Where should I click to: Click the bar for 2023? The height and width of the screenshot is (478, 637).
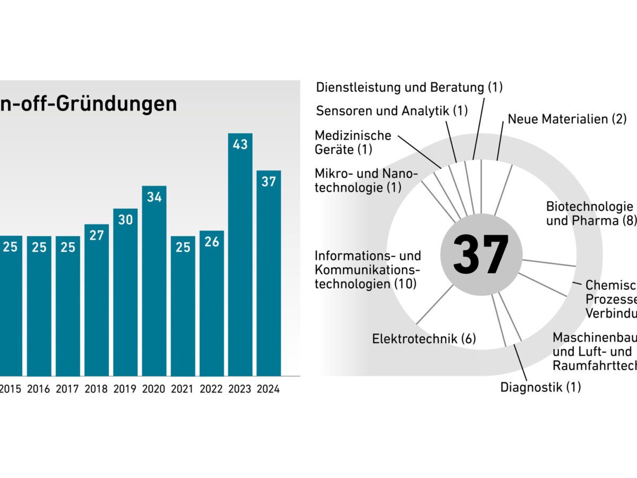[240, 255]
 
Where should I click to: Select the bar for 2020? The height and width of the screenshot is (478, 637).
[154, 281]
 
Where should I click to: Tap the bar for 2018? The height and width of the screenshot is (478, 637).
[97, 300]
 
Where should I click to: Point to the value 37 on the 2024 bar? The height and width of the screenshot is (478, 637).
[269, 182]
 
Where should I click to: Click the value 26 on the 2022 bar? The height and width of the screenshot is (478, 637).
[211, 242]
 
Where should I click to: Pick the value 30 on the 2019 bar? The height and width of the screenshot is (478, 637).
[125, 219]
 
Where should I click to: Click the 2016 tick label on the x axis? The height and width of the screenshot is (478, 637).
[39, 389]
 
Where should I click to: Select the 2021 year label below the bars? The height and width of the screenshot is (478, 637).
[183, 389]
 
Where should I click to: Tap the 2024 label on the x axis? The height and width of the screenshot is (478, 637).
[269, 389]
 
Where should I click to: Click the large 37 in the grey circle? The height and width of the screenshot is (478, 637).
[481, 254]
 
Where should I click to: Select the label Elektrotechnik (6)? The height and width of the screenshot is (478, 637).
[424, 339]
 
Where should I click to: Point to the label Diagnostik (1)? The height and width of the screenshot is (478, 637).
[540, 387]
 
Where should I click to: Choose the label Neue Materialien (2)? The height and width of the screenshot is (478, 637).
[567, 119]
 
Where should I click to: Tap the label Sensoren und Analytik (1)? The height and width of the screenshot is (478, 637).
[392, 110]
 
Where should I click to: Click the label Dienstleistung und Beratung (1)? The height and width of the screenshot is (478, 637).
[409, 87]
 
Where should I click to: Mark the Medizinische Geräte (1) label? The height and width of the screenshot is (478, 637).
[353, 142]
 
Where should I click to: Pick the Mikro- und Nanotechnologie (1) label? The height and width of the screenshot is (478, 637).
[366, 181]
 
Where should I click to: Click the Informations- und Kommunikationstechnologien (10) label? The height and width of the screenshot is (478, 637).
[368, 270]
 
